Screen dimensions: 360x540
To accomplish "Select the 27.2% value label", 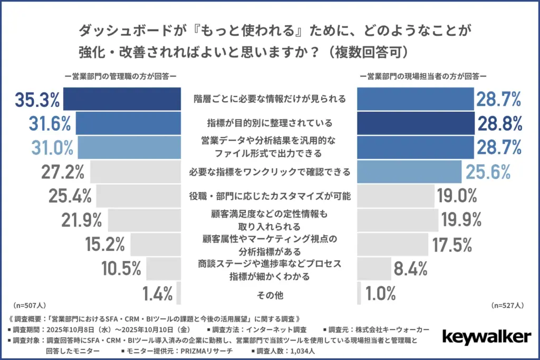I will click(x=63, y=172).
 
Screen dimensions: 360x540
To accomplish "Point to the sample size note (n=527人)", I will click(x=507, y=305).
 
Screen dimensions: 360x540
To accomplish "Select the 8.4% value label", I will click(x=410, y=269).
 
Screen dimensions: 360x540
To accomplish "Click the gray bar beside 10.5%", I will click(x=164, y=269).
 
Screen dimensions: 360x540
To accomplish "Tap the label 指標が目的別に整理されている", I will click(x=269, y=123).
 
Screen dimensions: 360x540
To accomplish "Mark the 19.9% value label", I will click(x=459, y=220).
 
